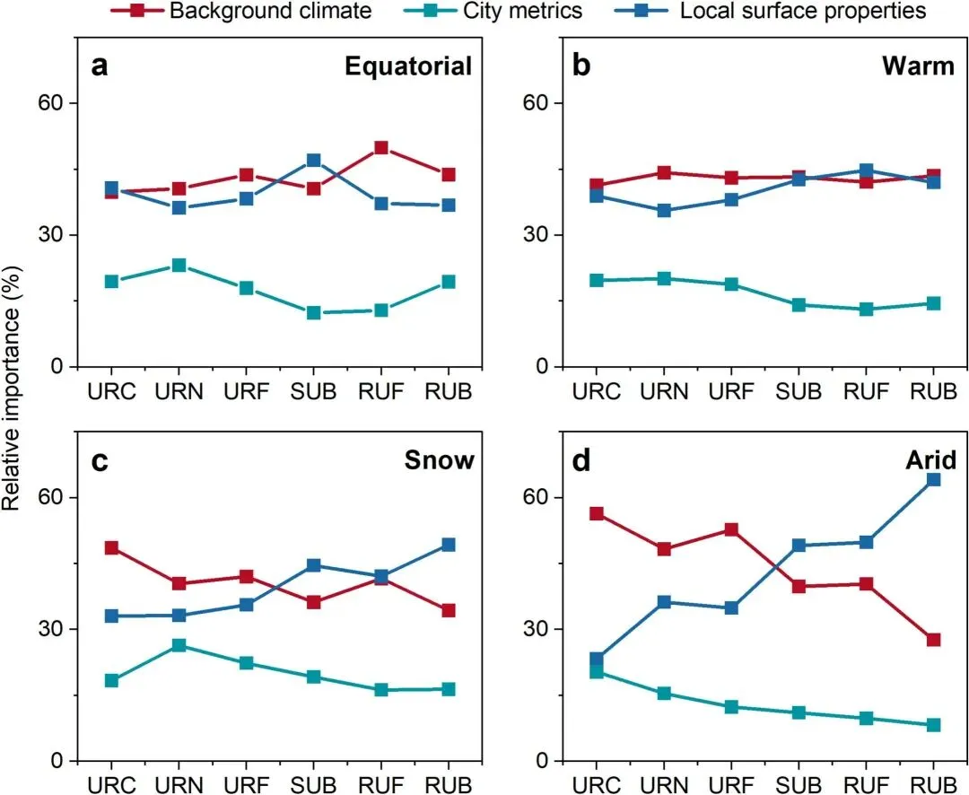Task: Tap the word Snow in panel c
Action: coord(439,460)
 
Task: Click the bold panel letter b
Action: coord(581,66)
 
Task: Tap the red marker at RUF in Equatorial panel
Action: coord(381,147)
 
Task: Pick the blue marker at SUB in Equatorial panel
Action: coord(314,161)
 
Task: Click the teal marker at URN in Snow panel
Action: coord(179,645)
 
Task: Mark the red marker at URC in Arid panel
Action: coord(596,514)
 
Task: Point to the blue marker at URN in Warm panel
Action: coord(664,211)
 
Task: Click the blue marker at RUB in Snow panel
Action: coord(449,545)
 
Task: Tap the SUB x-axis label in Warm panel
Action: coord(799,393)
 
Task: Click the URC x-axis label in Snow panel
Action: coord(111,787)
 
